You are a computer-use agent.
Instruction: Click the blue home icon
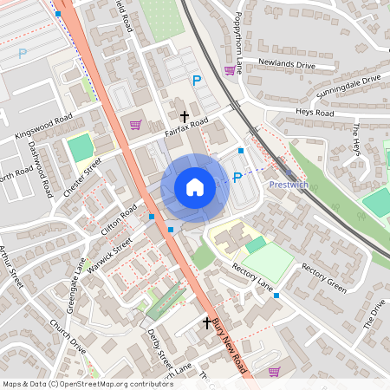[194, 186]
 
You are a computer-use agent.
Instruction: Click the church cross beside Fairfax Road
[184, 115]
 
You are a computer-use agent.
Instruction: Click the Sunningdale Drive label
[348, 88]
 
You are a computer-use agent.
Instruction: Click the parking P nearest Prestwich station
[237, 179]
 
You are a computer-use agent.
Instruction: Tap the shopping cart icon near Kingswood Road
[135, 125]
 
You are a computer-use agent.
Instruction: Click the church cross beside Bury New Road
[206, 323]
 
